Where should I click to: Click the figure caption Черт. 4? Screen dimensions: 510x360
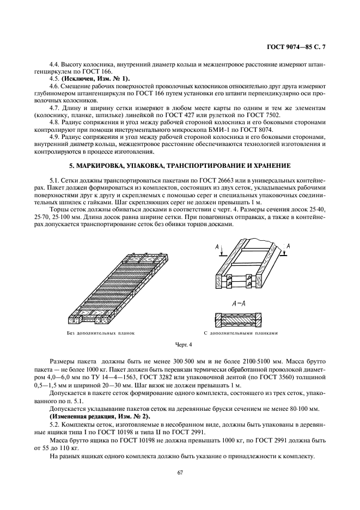[183, 344]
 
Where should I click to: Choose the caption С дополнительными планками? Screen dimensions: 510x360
[241, 331]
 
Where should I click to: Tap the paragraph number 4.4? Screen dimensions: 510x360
[54, 64]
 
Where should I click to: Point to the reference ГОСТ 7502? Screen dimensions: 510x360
[266, 116]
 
